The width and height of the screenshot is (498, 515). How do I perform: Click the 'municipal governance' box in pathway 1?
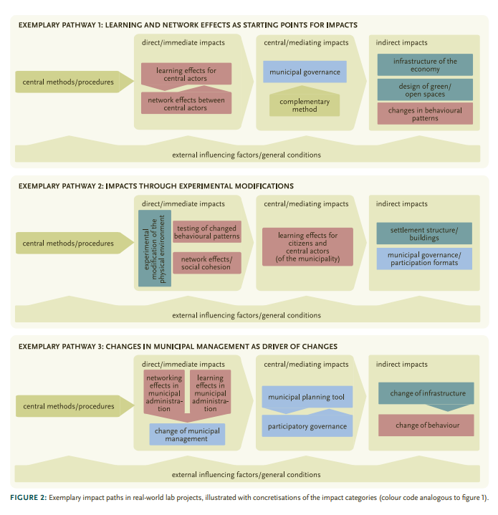(x=305, y=72)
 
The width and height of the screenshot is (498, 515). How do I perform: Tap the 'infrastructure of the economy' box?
(x=425, y=65)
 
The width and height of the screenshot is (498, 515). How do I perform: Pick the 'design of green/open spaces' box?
(x=425, y=90)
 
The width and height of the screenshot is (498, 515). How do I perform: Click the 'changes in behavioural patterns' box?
(x=425, y=114)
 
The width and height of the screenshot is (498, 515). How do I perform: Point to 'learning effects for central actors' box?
(x=186, y=74)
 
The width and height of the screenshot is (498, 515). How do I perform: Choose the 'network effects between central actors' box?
(x=186, y=104)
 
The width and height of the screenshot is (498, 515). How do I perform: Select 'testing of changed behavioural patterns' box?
(x=207, y=232)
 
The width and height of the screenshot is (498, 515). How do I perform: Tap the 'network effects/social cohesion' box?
(x=207, y=262)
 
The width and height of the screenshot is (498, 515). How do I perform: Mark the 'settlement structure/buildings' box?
(x=425, y=234)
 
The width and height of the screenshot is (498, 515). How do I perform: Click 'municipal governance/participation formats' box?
(x=425, y=259)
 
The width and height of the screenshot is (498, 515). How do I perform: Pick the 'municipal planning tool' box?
(x=307, y=397)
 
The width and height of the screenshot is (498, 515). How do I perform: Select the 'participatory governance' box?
(x=307, y=426)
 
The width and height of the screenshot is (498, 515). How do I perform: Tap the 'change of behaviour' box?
(x=426, y=425)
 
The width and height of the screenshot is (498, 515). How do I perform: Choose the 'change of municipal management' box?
(x=187, y=435)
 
